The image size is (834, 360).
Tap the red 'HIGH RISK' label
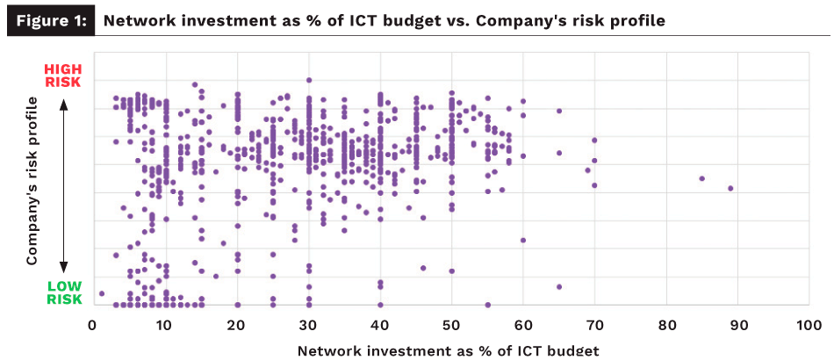(62, 76)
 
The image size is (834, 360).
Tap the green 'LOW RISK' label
(63, 293)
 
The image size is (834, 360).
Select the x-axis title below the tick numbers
(449, 350)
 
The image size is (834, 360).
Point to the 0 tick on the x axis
(93, 324)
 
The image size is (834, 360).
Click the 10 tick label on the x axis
(164, 324)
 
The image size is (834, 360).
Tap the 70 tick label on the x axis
(594, 324)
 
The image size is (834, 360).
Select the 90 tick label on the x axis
(737, 324)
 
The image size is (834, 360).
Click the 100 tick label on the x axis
(808, 324)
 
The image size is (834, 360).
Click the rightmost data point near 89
(730, 188)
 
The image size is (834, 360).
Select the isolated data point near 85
(701, 178)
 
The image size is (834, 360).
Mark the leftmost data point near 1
(102, 293)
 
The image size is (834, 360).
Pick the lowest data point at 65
(558, 286)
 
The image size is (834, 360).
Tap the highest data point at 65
(558, 111)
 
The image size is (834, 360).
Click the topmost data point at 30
(308, 80)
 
